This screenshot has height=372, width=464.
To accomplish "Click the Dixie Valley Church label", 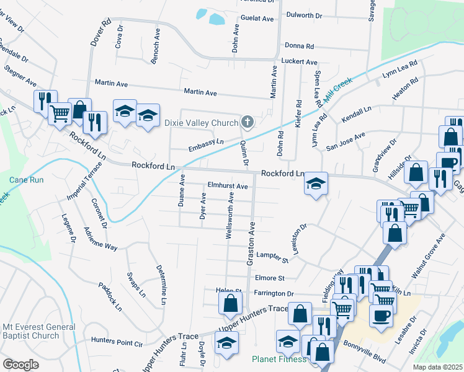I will pyautogui.click(x=201, y=123).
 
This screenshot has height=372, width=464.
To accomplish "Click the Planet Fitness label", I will pyautogui.click(x=279, y=359).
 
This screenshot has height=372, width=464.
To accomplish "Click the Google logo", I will pyautogui.click(x=20, y=365).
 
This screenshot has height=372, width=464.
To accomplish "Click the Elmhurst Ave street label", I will pyautogui.click(x=228, y=186).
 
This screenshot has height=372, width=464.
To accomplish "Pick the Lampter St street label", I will pyautogui.click(x=273, y=255).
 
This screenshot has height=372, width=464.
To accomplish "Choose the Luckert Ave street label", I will pyautogui.click(x=299, y=62).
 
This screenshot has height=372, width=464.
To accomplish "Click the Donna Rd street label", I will pyautogui.click(x=300, y=46).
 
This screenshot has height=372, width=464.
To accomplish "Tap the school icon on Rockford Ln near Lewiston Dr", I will pyautogui.click(x=316, y=184).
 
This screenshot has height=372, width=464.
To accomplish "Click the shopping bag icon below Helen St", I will pyautogui.click(x=230, y=303).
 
